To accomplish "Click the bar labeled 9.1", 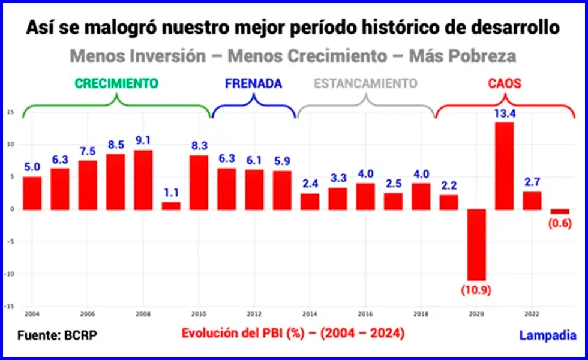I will click(x=143, y=179).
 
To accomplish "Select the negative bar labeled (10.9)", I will click(x=476, y=244).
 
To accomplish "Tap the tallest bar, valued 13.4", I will click(x=504, y=166).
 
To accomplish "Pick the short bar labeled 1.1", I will click(x=171, y=205).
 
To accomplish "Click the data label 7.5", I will click(x=88, y=151).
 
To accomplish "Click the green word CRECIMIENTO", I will click(x=116, y=83).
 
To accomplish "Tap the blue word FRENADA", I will click(x=253, y=83).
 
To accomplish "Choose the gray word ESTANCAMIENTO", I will click(x=365, y=83).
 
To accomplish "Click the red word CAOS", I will click(x=504, y=83).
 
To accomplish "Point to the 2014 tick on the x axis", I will click(x=310, y=314).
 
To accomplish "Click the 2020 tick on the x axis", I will click(x=476, y=314).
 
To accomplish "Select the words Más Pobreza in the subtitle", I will click(x=462, y=56).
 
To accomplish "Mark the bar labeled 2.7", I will click(x=532, y=200).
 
